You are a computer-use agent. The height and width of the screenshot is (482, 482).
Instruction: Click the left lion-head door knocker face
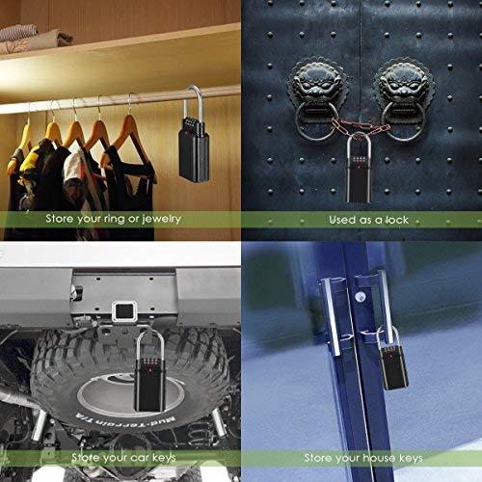click(317, 84)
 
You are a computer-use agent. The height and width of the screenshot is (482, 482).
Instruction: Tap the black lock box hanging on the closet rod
click(194, 149)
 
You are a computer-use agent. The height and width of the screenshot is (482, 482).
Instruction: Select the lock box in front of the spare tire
click(149, 385)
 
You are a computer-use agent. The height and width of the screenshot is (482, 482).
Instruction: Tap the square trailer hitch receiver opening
click(122, 311)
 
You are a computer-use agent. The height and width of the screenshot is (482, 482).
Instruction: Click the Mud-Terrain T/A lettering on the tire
click(125, 419)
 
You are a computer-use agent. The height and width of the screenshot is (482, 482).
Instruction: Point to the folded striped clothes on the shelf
click(18, 33)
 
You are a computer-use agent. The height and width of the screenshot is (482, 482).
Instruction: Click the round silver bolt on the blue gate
click(361, 296)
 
